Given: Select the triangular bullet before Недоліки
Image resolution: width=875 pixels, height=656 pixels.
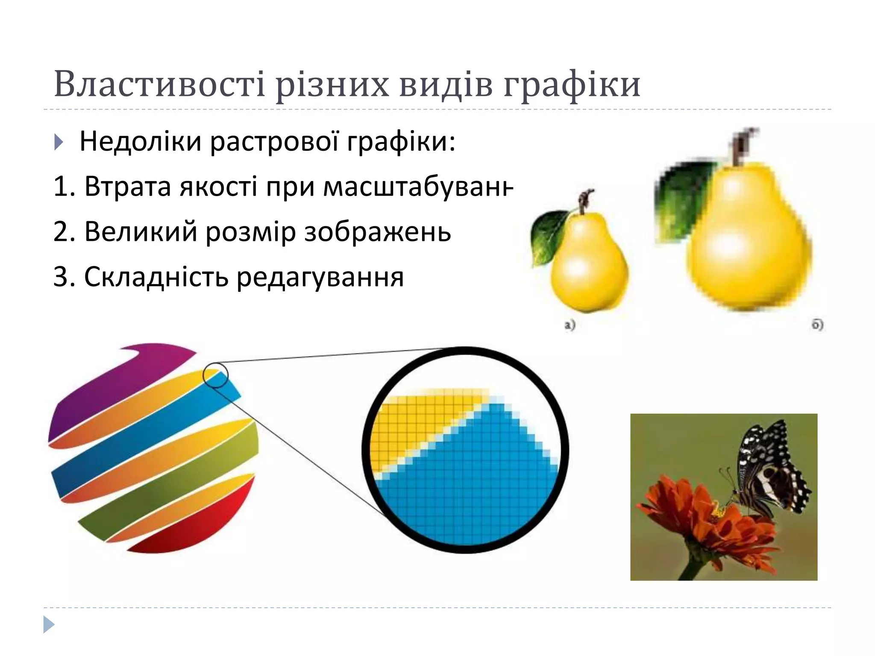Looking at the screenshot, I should pos(59,142).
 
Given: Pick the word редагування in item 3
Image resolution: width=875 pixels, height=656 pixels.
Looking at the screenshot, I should pos(320,278).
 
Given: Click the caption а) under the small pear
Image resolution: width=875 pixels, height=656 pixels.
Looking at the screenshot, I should pos(570,325).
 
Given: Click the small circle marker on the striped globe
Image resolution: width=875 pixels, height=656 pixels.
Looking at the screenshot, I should pos(215,375).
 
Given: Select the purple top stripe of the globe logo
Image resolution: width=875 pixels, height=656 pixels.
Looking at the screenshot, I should pos(128,376).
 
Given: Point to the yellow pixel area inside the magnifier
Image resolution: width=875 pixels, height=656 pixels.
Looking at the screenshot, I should pos(410,423).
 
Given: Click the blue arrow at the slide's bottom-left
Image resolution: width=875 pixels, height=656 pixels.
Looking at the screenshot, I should pos(49,624).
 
